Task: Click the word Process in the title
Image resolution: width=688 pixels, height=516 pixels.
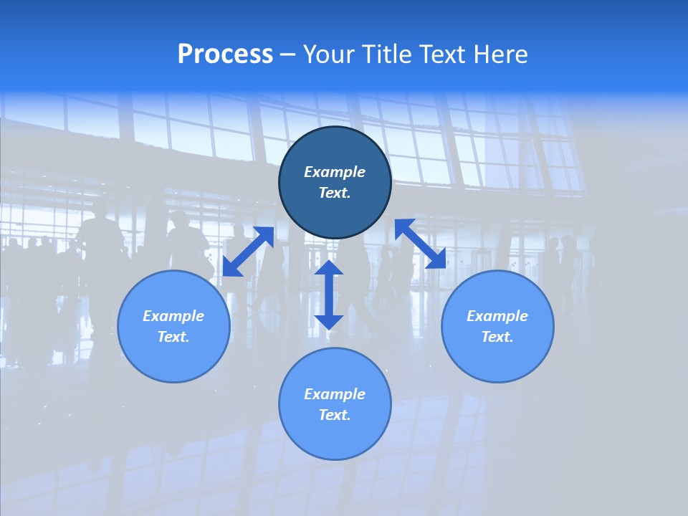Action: (225, 54)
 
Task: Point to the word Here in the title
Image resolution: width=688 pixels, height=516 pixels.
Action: (501, 54)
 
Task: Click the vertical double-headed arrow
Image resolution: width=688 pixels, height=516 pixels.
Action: (329, 295)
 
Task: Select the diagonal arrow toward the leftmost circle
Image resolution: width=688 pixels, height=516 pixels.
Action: (248, 252)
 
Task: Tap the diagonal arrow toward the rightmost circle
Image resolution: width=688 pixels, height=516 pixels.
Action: (421, 244)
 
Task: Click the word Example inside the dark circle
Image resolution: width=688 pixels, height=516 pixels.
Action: (335, 172)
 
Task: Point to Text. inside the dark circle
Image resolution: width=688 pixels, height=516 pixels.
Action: (335, 193)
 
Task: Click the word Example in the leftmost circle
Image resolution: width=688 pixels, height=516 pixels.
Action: (173, 316)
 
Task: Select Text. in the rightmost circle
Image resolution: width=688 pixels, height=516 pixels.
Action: (497, 337)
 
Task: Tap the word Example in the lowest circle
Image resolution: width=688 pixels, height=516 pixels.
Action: (335, 394)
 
